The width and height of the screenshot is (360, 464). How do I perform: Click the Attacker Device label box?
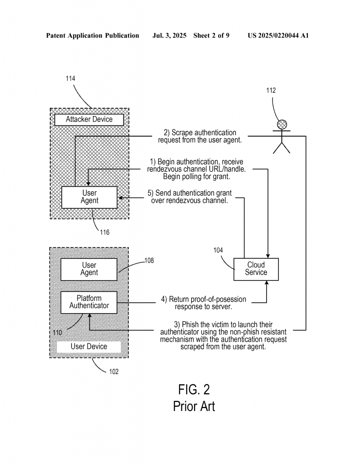89,119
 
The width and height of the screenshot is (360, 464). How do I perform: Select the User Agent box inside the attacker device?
89,197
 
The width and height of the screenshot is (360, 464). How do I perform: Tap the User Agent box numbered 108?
89,269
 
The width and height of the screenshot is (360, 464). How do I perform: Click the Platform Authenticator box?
89,302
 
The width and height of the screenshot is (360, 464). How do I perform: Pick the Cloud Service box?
256,269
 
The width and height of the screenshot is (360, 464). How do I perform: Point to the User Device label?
89,347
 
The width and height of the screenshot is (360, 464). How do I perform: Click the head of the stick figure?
282,124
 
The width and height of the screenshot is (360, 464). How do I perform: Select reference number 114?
70,78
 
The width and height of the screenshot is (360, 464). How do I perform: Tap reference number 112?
271,90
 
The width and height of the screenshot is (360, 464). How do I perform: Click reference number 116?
104,232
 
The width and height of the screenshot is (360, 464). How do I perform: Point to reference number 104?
218,250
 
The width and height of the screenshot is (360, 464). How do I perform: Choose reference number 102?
113,372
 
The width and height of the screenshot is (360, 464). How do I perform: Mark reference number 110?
57,333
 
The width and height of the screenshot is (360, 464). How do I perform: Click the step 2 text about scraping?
199,136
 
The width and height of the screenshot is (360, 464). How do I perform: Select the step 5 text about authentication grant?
190,197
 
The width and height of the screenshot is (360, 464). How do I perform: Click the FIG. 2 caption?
194,389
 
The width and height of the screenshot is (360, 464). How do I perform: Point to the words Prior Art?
194,406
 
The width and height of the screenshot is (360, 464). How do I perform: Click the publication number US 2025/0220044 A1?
278,35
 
